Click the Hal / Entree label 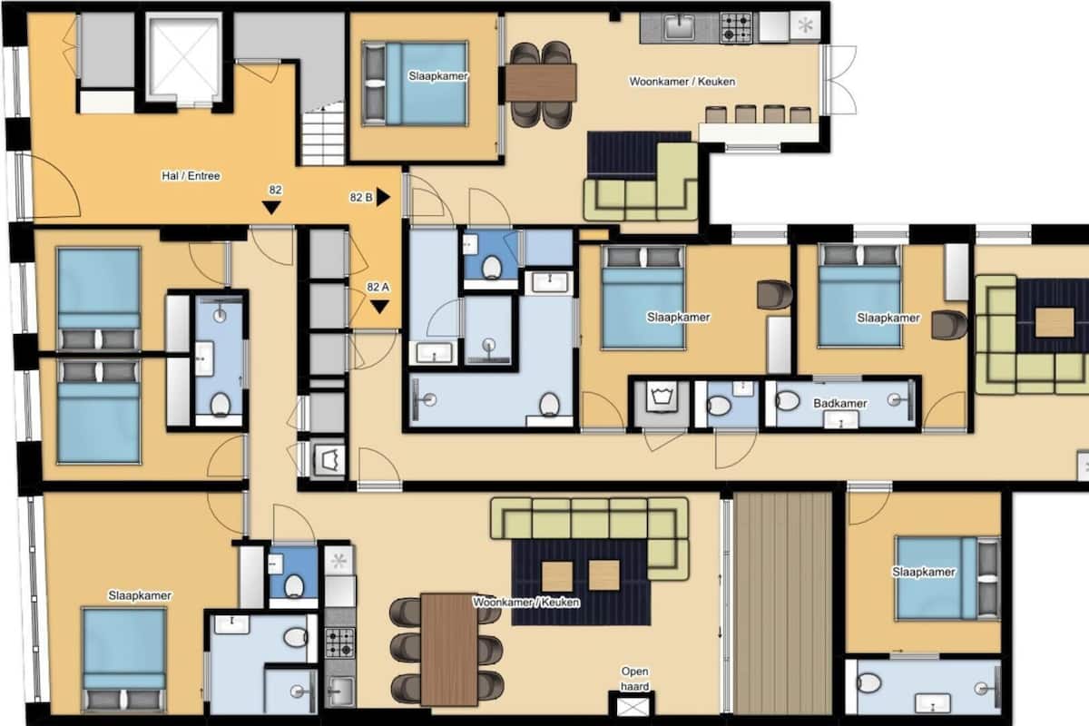click(191, 175)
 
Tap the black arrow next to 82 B click(383, 197)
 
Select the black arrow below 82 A click(379, 307)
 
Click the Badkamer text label click(840, 403)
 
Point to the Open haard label click(634, 678)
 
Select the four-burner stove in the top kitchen click(736, 27)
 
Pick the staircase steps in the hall click(323, 137)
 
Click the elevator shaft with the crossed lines click(183, 57)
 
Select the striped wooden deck click(782, 602)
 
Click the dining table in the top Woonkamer click(541, 83)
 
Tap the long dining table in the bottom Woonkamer click(448, 649)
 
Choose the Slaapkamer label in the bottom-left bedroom click(140, 595)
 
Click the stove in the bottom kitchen click(339, 643)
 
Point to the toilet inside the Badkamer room click(788, 401)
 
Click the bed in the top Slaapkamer click(415, 83)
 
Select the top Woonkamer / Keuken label click(682, 81)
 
